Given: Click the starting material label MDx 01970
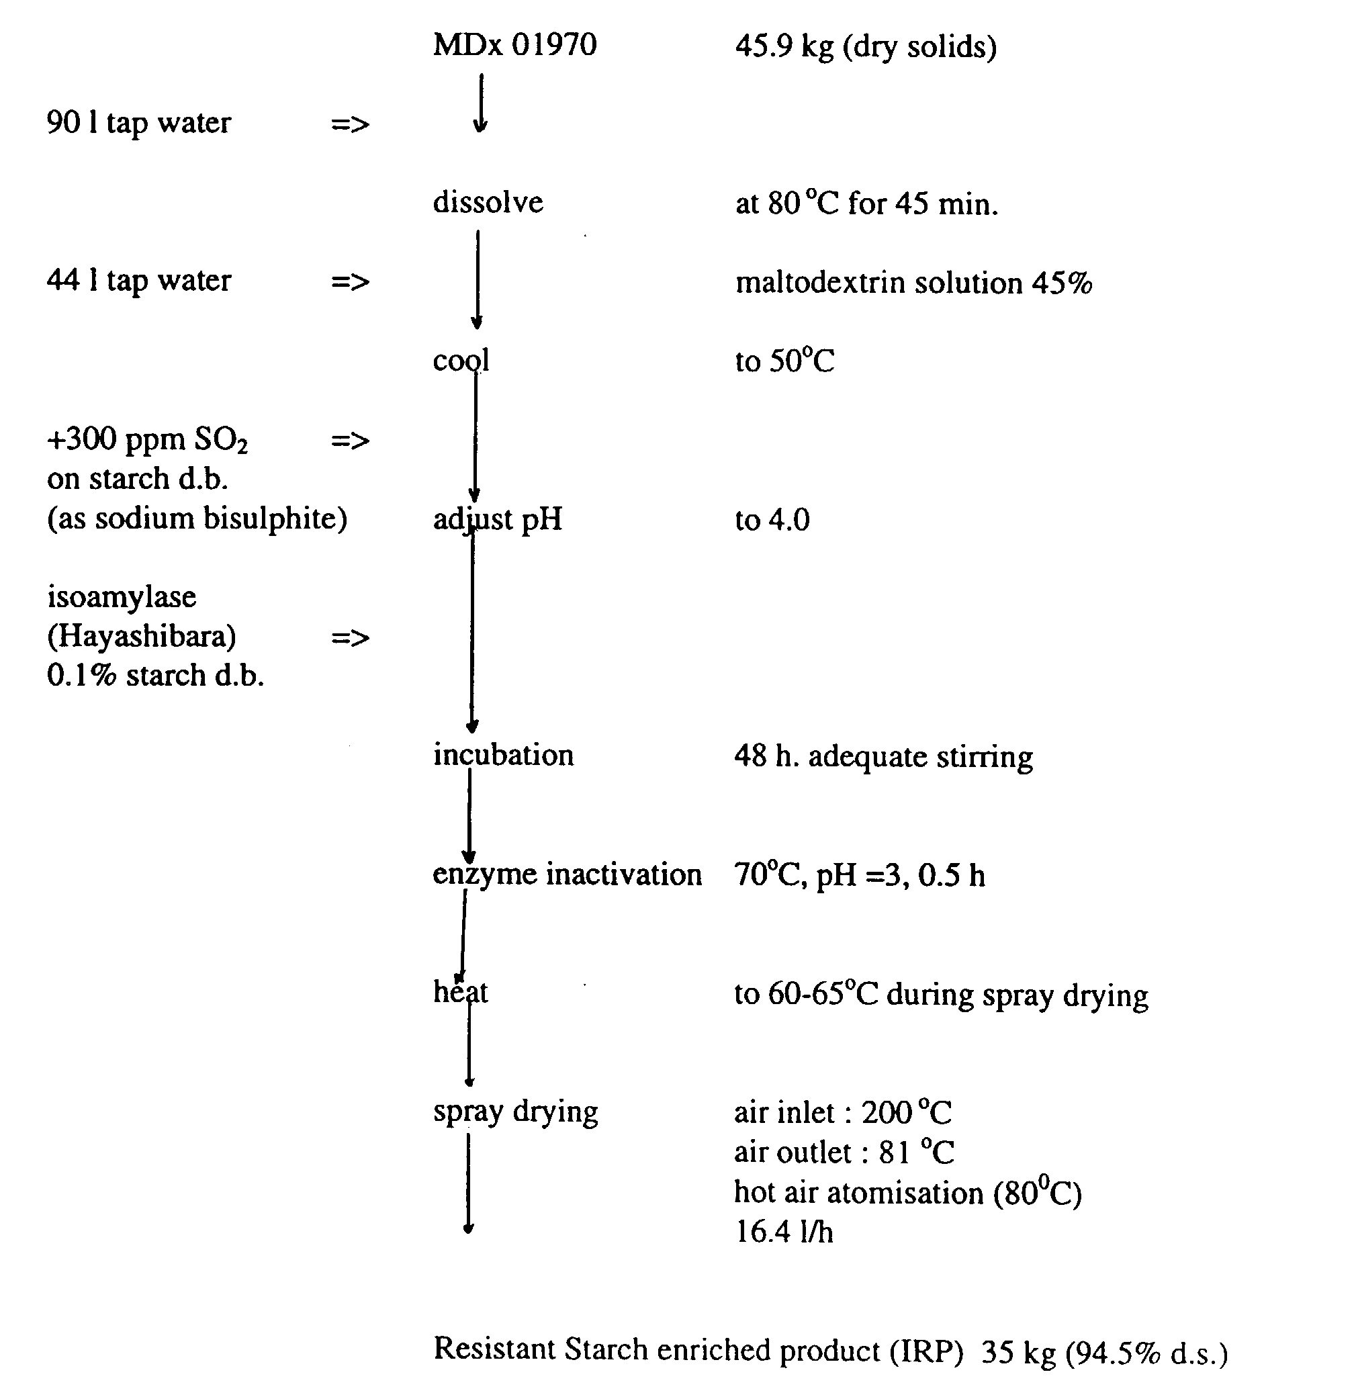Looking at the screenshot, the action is (514, 45).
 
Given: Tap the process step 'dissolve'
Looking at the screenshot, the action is (488, 203).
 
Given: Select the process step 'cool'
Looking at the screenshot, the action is (460, 361).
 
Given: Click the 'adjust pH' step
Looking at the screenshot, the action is (498, 519).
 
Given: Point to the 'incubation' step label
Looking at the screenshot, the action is (503, 755).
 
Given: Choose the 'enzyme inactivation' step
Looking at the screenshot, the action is (567, 874).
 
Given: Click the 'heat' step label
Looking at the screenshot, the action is (460, 992).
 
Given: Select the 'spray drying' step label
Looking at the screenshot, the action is (515, 1112).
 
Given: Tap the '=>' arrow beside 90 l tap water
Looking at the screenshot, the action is (350, 124).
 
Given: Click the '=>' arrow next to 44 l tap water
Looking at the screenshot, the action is (350, 282).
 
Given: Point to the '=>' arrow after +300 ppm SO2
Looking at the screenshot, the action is (350, 441).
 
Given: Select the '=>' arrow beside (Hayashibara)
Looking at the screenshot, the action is (350, 637).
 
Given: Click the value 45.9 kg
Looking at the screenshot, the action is (784, 47).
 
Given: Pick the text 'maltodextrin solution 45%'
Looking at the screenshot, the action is (913, 283).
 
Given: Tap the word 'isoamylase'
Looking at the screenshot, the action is (122, 596).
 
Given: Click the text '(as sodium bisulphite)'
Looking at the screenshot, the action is (197, 519).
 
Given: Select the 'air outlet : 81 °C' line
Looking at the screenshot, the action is (844, 1153).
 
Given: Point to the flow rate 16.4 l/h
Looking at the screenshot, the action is (784, 1232).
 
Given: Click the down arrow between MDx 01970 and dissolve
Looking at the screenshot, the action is (480, 103).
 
